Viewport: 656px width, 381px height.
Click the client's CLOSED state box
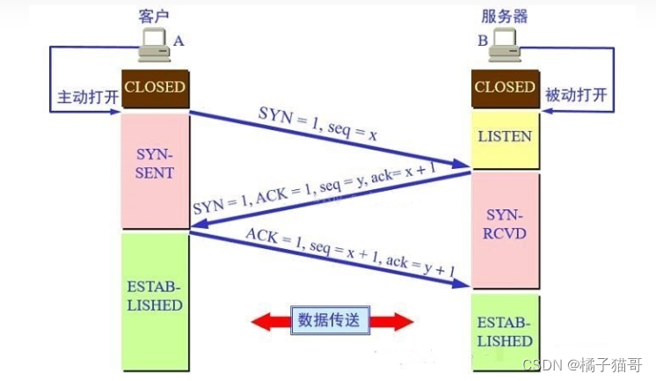coord(155,89)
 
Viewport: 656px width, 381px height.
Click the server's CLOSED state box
coord(504,89)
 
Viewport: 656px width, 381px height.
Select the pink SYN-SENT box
coord(155,163)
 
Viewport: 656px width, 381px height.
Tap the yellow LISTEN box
coord(504,137)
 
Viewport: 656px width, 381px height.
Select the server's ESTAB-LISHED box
coord(504,331)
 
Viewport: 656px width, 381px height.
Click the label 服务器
coord(505,16)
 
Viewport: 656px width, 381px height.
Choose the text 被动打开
coord(574,94)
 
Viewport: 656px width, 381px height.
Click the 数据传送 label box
coord(333,320)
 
